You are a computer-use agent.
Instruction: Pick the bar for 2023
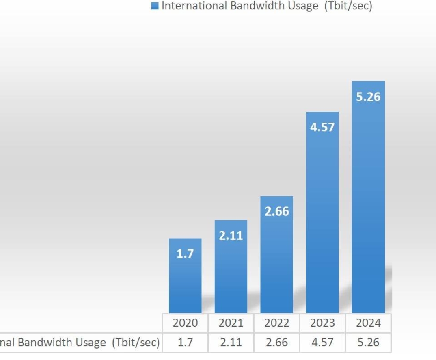pos(322,219)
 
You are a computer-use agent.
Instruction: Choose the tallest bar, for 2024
pos(368,203)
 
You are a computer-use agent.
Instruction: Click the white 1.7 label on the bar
pos(185,254)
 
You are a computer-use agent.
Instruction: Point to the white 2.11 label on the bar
pos(231,235)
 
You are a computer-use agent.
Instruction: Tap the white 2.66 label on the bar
pos(277,211)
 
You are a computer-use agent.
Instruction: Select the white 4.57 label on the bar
pos(322,127)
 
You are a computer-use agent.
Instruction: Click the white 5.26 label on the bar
pos(368,97)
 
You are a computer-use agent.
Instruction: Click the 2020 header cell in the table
pos(185,323)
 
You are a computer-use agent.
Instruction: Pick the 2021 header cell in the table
pos(231,323)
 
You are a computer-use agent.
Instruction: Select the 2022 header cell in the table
pos(277,323)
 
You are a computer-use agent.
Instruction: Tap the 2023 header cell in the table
pos(322,323)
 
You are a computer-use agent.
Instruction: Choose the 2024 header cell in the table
pos(368,323)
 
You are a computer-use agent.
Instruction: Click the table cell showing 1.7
pos(185,343)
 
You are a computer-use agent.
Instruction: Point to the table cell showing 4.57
pos(322,343)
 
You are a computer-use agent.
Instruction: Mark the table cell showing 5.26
pos(368,343)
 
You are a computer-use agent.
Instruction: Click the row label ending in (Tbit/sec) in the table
pos(80,343)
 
